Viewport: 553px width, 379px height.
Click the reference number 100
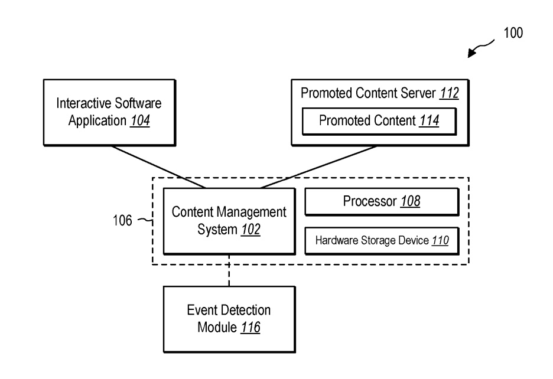coord(513,33)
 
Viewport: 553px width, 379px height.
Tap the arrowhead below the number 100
coord(472,53)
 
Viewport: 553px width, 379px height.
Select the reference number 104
coord(141,120)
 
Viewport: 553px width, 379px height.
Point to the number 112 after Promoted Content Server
coord(449,93)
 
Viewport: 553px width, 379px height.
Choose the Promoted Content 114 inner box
coord(379,121)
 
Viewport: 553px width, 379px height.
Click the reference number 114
coord(429,120)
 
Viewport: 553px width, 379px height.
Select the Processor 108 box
coord(382,202)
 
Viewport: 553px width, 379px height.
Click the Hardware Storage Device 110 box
coord(382,241)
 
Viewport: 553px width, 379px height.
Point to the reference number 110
coord(440,240)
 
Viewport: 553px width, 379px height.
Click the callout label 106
coord(122,220)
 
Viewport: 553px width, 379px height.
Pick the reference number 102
coord(251,230)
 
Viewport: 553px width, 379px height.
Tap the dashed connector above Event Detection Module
coord(229,270)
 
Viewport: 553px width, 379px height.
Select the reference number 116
coord(251,327)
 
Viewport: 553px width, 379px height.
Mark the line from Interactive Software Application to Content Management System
coord(158,166)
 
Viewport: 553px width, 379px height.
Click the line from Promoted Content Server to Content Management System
coord(319,166)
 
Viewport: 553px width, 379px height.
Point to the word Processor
coord(370,201)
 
